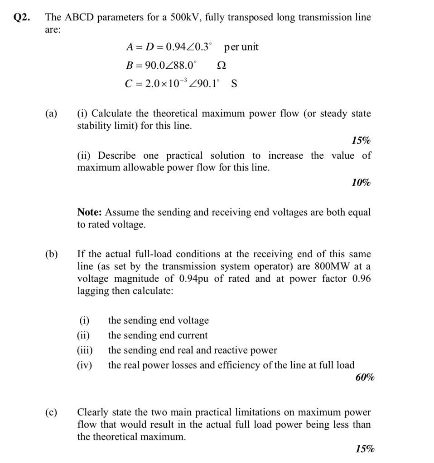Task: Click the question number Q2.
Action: (x=21, y=18)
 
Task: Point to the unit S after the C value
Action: (x=234, y=84)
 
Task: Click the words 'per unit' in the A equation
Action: (x=241, y=47)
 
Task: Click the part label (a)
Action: (x=51, y=113)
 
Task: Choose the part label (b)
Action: (x=51, y=254)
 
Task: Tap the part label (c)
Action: (x=51, y=412)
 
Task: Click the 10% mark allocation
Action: (x=361, y=183)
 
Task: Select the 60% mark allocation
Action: (x=365, y=378)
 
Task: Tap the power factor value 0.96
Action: (x=361, y=279)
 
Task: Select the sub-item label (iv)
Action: (x=84, y=365)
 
